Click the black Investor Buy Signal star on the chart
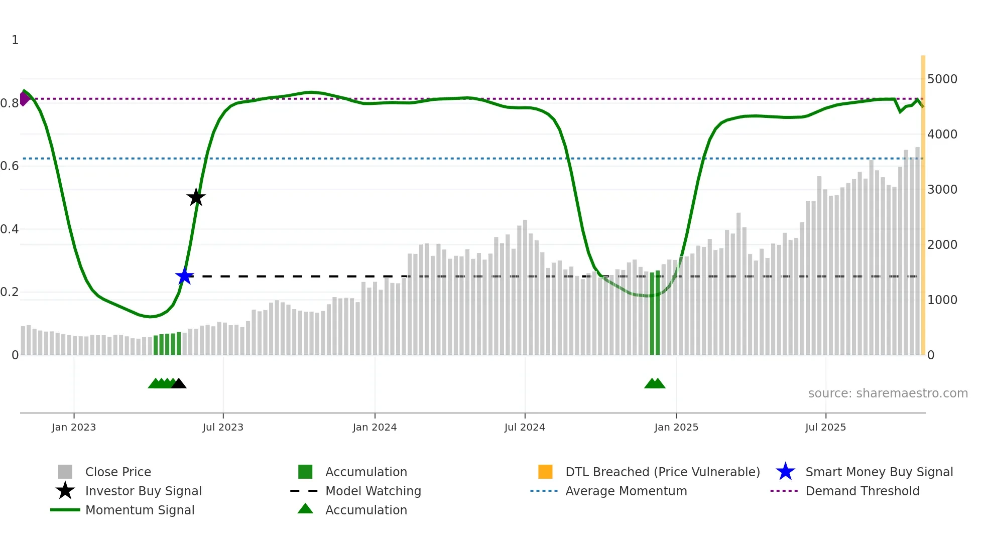196,197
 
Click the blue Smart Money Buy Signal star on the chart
184,276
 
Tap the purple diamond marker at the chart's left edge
24,98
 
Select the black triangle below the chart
179,384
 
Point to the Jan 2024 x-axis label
375,427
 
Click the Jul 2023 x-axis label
223,427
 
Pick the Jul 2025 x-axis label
825,427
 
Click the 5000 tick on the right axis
942,79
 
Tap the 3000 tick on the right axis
942,190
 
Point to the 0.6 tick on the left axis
10,166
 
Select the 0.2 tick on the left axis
10,292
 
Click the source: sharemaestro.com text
888,393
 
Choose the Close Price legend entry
118,472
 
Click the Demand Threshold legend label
862,491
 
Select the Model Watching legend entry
373,491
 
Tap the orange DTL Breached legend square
545,472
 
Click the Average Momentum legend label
626,491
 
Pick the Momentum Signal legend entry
140,510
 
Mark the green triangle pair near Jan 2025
655,384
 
